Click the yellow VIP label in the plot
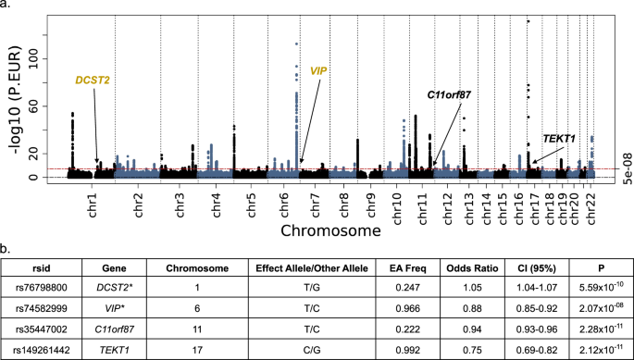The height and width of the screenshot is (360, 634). pyautogui.click(x=319, y=70)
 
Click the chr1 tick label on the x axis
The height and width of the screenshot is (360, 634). pyautogui.click(x=92, y=202)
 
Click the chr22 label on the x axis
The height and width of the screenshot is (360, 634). pyautogui.click(x=590, y=202)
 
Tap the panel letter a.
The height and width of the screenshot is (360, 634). pyautogui.click(x=6, y=6)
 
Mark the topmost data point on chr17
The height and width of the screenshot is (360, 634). pyautogui.click(x=528, y=21)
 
